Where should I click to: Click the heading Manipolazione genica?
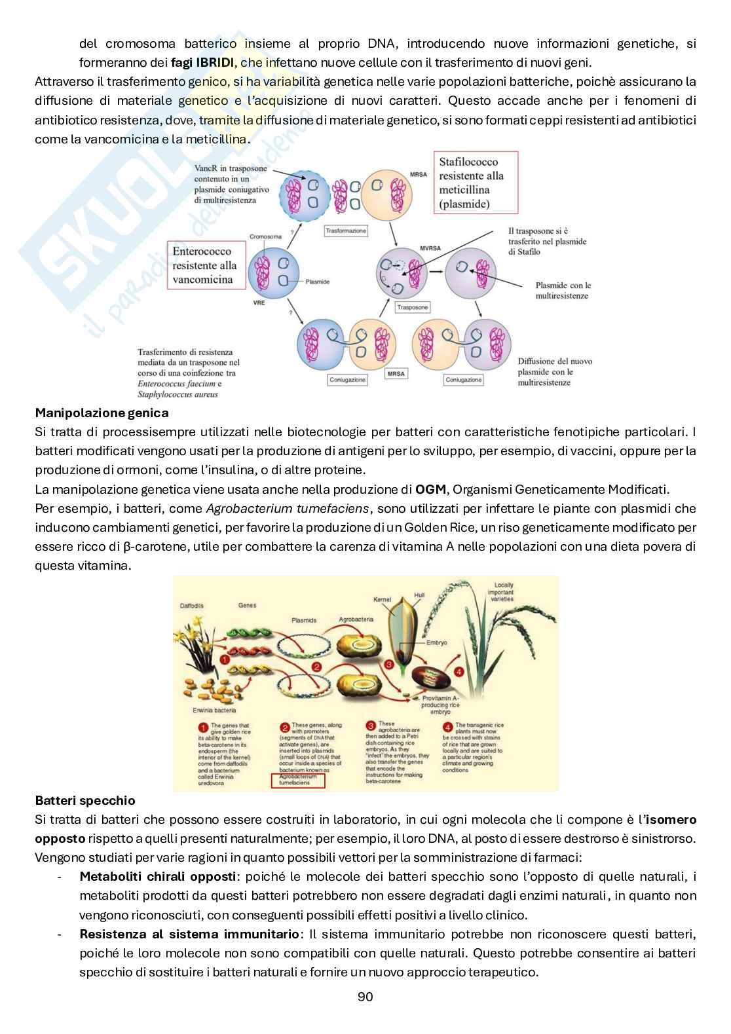pos(102,413)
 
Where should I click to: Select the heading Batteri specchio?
pos(85,800)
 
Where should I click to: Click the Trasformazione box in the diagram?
pos(346,231)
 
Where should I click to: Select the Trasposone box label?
pos(413,307)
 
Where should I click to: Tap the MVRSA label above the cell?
pos(428,249)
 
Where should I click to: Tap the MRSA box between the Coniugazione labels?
pos(396,373)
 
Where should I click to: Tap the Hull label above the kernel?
pos(419,595)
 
